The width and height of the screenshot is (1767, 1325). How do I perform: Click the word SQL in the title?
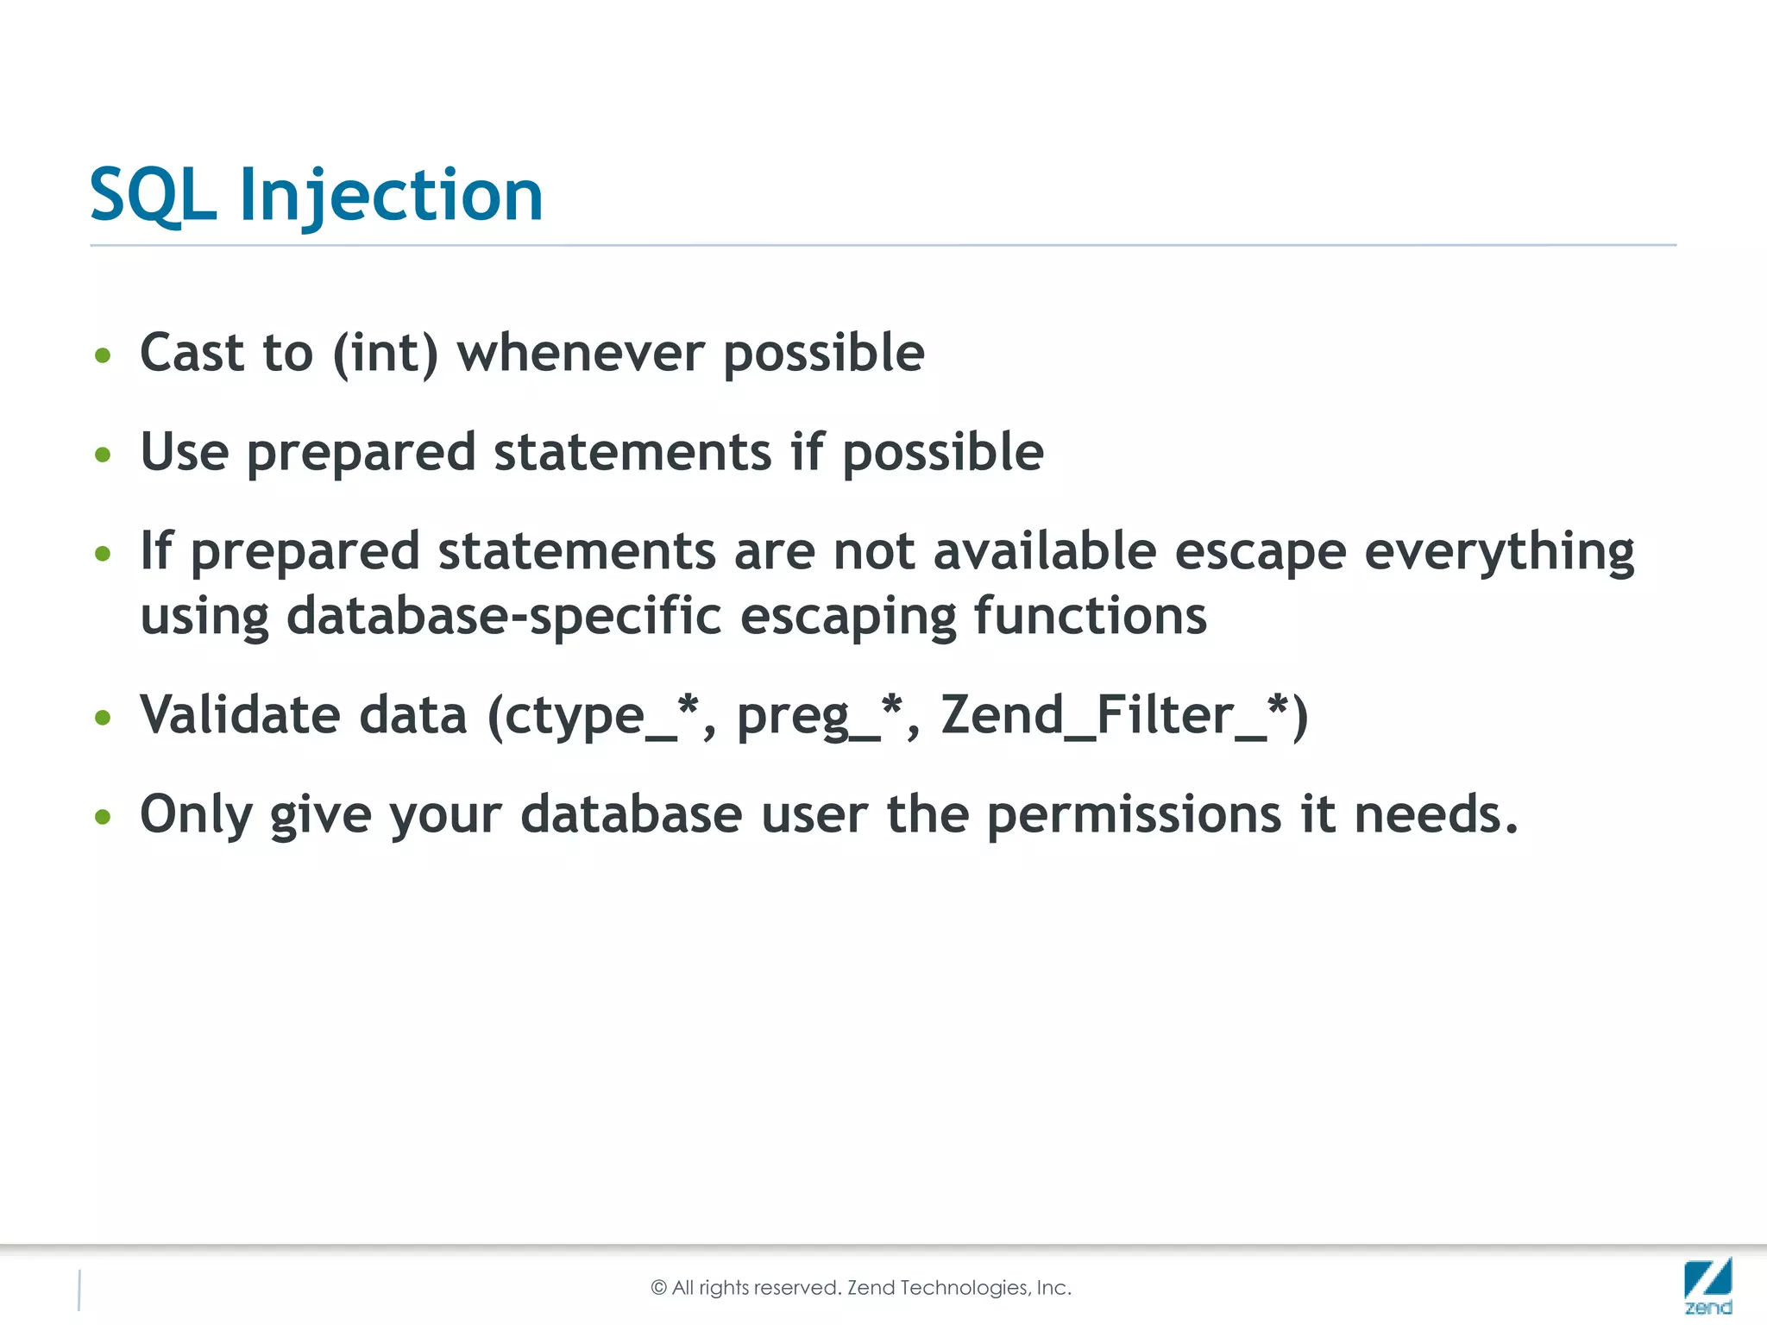152,196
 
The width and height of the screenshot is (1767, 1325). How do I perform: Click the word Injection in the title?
391,196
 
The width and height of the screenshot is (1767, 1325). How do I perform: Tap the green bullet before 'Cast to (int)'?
103,355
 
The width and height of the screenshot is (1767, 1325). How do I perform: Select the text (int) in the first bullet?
385,353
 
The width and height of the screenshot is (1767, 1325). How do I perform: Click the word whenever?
580,353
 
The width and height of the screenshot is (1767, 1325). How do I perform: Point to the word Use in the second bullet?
185,452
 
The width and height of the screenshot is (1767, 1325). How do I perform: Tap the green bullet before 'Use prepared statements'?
103,454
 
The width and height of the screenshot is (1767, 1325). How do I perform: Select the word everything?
1499,553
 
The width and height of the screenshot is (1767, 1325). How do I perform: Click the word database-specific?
503,616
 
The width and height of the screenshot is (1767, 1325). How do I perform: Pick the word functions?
1090,616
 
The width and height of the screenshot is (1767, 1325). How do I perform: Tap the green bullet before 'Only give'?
103,816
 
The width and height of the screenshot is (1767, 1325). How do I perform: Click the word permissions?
1134,815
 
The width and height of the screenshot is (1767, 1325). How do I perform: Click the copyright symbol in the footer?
659,1288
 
